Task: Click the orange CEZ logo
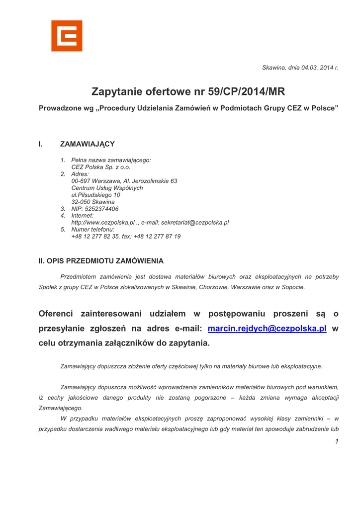[x=67, y=36]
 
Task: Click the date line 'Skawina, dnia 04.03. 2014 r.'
[x=300, y=68]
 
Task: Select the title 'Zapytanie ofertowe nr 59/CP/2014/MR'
[x=188, y=92]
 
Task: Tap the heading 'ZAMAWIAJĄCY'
[x=88, y=144]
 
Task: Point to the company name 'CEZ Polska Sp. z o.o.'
[x=101, y=167]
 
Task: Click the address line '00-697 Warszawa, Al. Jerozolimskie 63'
[x=124, y=181]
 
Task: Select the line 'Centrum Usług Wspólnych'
[x=107, y=188]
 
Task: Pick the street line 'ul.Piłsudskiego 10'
[x=95, y=195]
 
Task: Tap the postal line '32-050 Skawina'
[x=93, y=202]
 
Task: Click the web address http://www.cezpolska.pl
[x=103, y=223]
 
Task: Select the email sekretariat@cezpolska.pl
[x=195, y=223]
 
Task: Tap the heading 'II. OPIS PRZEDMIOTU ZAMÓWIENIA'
[x=101, y=261]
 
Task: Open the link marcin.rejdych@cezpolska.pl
[x=267, y=329]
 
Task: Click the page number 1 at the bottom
[x=337, y=441]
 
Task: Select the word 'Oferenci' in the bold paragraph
[x=56, y=314]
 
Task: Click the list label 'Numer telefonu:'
[x=93, y=230]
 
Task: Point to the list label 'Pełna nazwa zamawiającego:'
[x=111, y=160]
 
